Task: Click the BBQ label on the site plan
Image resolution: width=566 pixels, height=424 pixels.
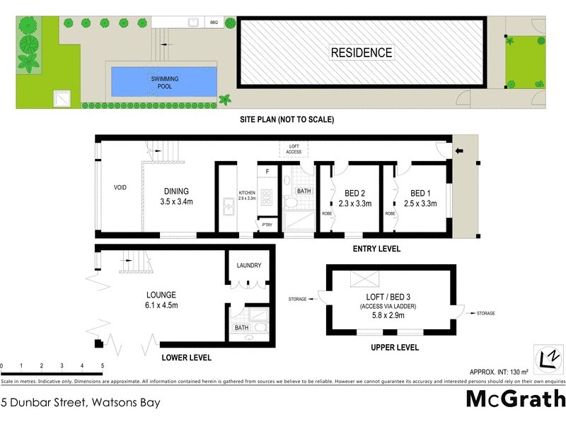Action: (214, 23)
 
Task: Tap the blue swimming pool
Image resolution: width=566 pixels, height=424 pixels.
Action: (164, 83)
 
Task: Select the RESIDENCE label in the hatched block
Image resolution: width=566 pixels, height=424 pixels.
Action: (362, 53)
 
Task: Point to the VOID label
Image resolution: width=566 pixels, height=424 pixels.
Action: (120, 189)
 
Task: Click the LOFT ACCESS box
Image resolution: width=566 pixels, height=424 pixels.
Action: (294, 149)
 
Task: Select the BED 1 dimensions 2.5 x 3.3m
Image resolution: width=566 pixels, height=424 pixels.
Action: (420, 204)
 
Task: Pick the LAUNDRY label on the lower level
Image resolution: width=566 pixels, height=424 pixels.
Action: (249, 266)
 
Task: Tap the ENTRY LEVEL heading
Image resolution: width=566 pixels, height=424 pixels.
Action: (376, 249)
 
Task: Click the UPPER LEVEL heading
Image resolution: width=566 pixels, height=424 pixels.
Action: (395, 347)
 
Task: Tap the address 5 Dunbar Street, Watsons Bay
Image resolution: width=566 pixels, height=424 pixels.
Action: (81, 404)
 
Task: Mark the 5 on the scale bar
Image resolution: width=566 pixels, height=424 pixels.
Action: (103, 366)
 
